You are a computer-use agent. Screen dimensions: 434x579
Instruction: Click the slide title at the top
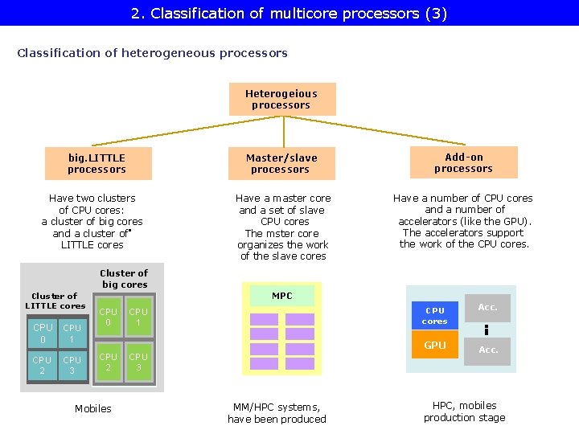(x=289, y=13)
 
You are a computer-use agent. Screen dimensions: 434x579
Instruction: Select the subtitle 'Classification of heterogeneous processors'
(x=152, y=53)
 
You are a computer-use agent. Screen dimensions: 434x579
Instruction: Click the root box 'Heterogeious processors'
(x=281, y=100)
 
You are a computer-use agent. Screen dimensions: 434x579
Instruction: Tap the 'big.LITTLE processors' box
(x=96, y=163)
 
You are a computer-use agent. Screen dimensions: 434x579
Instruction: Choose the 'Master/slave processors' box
(x=281, y=163)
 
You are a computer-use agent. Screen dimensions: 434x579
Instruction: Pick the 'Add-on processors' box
(x=463, y=162)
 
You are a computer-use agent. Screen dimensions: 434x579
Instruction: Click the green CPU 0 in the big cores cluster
(x=108, y=317)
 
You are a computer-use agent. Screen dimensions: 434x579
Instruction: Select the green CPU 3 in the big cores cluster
(x=138, y=362)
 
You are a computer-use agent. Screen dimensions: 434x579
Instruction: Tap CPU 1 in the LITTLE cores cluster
(x=72, y=333)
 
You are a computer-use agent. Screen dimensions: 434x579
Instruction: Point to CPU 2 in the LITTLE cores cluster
(x=42, y=366)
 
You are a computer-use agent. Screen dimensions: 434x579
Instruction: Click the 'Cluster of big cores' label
(x=124, y=279)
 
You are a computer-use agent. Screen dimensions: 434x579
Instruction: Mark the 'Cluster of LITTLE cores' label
(x=55, y=301)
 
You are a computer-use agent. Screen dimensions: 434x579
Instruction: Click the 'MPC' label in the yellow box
(x=281, y=296)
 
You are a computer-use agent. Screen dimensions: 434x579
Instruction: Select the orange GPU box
(x=434, y=346)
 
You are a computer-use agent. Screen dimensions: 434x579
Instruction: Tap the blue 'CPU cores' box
(x=434, y=316)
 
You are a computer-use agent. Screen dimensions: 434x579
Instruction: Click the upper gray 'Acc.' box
(x=488, y=307)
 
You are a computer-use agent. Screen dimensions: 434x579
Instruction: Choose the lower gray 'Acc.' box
(x=488, y=350)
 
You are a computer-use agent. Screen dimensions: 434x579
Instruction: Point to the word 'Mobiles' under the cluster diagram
(x=93, y=409)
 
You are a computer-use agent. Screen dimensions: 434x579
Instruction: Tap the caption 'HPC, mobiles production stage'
(x=464, y=411)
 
